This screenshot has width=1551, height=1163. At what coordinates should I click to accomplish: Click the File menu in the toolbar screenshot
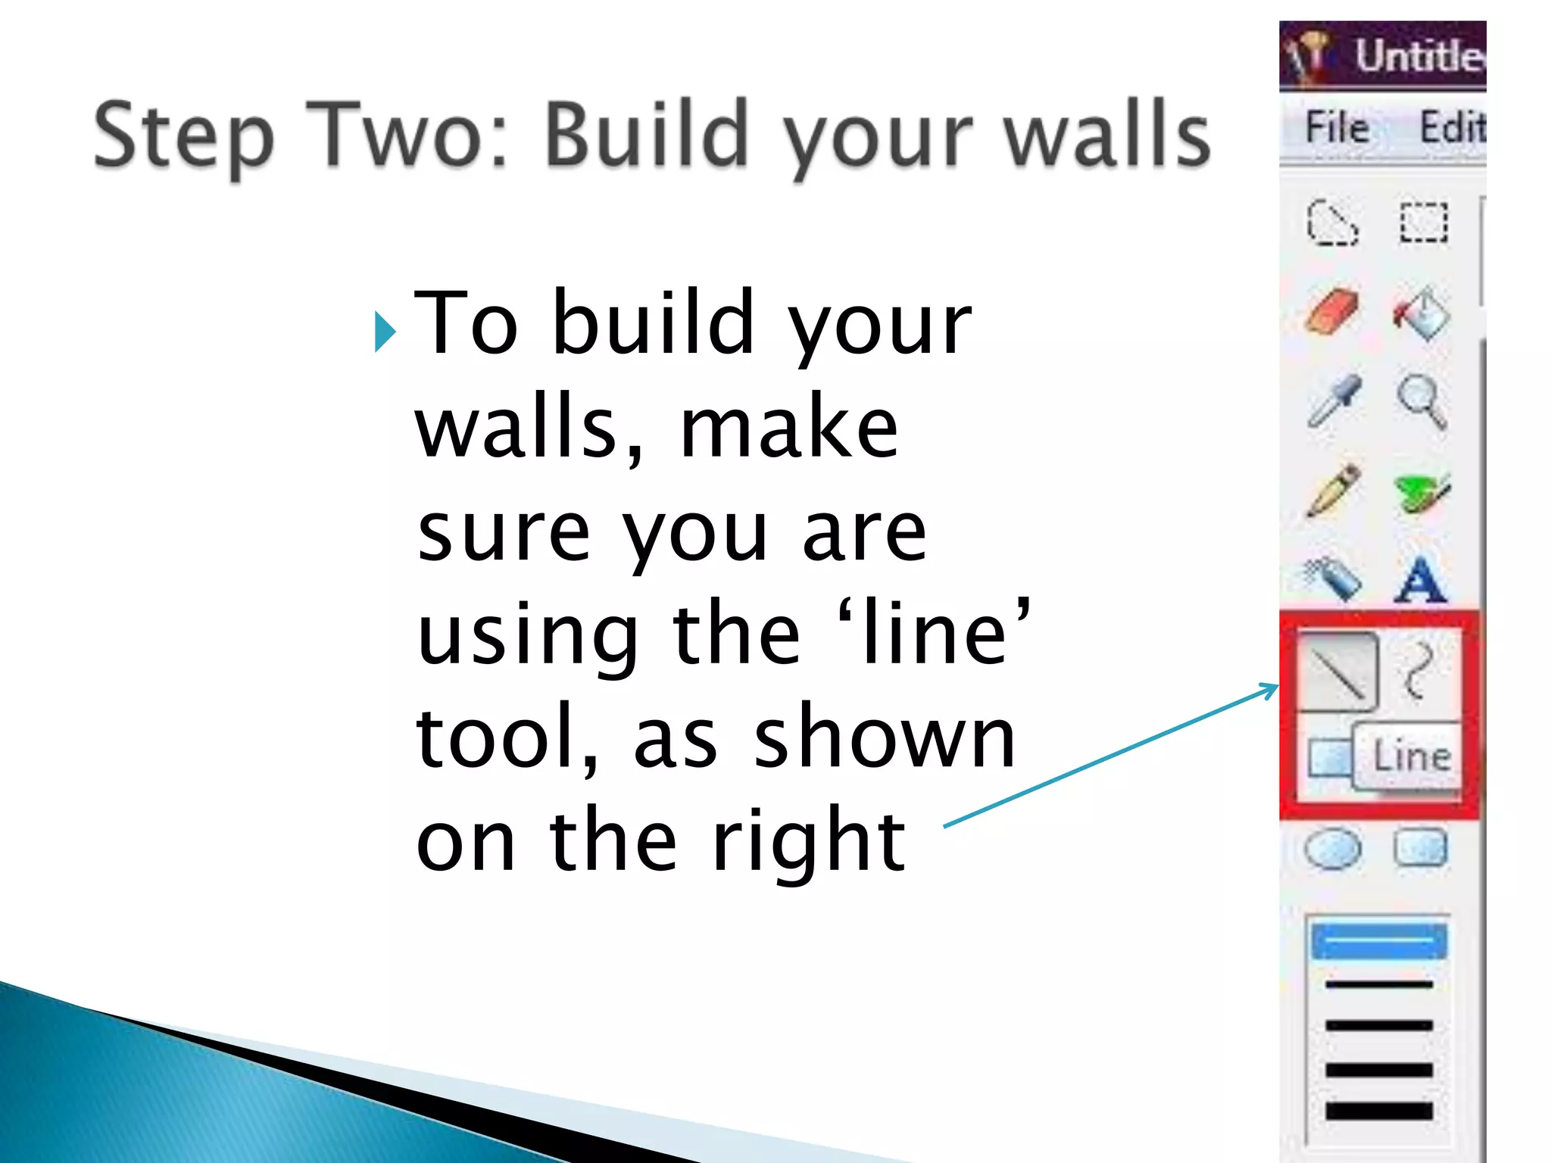1337,127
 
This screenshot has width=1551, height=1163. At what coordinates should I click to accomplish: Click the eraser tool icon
1332,311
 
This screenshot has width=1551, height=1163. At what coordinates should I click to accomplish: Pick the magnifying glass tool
1421,401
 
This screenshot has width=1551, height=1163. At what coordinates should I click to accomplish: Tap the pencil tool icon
1332,491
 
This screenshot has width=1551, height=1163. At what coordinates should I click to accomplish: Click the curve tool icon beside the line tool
1418,670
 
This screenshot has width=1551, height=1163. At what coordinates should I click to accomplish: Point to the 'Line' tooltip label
1412,756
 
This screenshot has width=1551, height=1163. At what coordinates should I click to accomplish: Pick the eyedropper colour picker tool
1334,401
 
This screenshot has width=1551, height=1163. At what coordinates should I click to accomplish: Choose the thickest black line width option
1379,1112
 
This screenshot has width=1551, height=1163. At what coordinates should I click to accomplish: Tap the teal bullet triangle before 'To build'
385,332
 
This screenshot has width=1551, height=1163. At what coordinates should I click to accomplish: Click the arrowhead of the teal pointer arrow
1273,688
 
